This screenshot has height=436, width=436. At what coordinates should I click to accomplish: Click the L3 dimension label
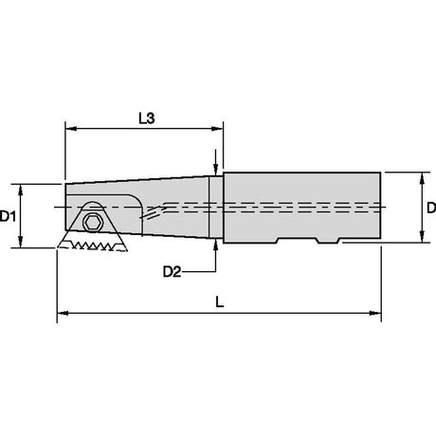click(x=147, y=118)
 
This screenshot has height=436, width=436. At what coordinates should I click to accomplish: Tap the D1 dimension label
click(x=8, y=216)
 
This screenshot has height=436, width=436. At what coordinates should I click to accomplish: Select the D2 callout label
click(x=172, y=272)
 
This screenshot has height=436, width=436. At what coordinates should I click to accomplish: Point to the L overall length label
click(x=220, y=301)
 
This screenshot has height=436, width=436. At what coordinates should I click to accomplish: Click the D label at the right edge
click(x=431, y=208)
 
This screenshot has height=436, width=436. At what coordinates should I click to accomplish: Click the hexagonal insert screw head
click(x=93, y=223)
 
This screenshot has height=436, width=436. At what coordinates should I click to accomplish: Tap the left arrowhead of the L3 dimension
click(x=71, y=129)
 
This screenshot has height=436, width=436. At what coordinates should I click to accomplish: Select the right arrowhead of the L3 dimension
click(x=217, y=129)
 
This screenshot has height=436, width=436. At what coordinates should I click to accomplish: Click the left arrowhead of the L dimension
click(x=63, y=313)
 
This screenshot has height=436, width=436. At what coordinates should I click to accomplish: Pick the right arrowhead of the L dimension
click(x=375, y=313)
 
